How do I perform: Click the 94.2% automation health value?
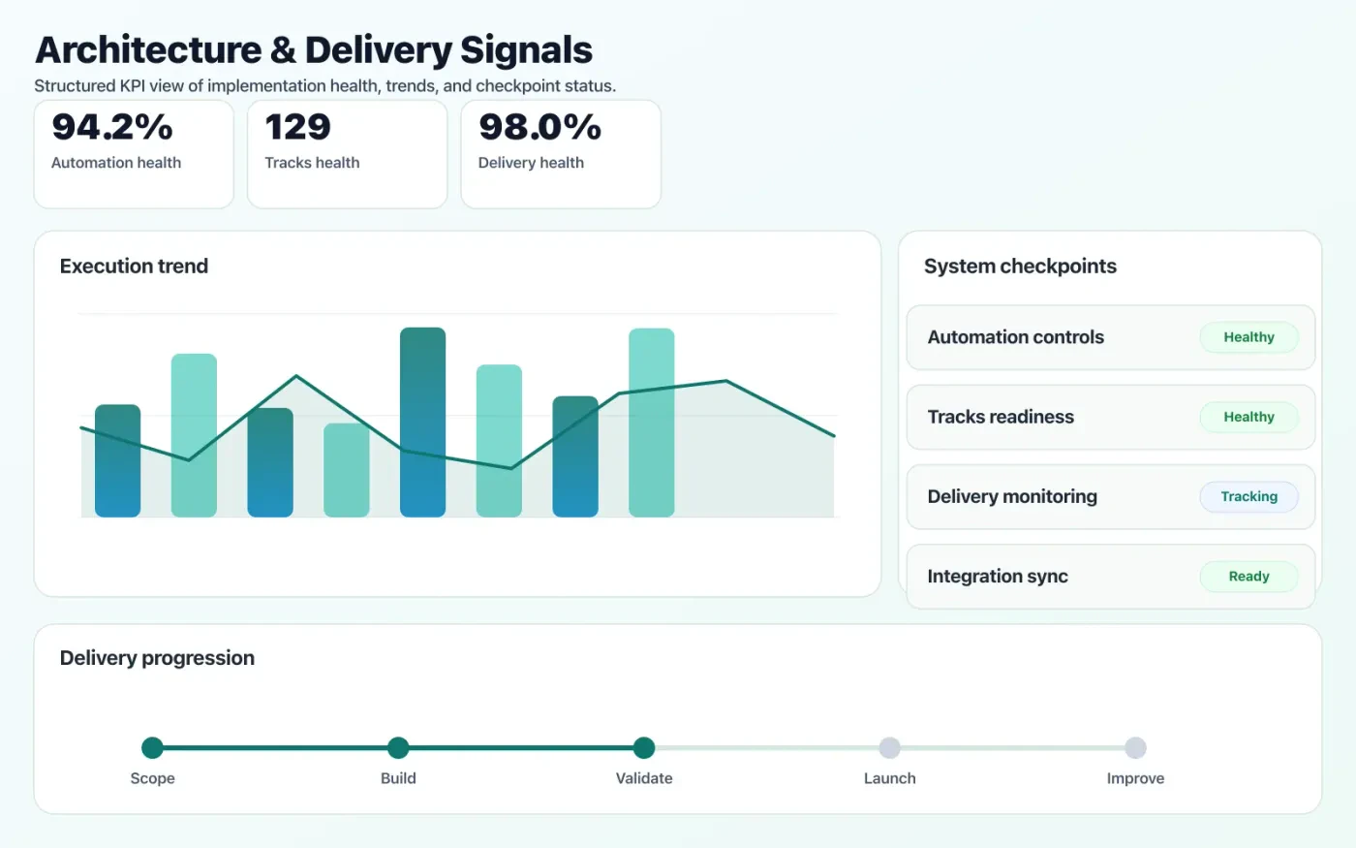(112, 127)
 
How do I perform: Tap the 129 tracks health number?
(297, 127)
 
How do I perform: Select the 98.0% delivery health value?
(539, 127)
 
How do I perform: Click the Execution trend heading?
(134, 267)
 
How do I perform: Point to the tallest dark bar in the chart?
(422, 422)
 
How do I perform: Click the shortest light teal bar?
(346, 470)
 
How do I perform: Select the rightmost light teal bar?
(651, 422)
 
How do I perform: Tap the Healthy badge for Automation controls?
(1248, 337)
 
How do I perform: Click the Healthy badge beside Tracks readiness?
(1248, 417)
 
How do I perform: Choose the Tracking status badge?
(1248, 496)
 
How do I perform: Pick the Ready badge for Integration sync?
(1248, 577)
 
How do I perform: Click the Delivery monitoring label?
(1012, 496)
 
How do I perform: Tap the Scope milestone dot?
(152, 747)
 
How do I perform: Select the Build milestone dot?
(398, 747)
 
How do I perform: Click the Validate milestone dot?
(644, 747)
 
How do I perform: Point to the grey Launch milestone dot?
(889, 747)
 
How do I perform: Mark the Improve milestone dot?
(1135, 747)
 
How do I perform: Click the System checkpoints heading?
(1020, 267)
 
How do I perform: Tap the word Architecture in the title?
(148, 50)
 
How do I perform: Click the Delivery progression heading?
(157, 658)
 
